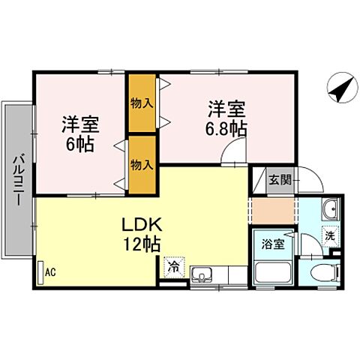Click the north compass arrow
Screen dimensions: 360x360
click(x=342, y=90)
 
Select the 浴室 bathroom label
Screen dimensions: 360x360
click(x=272, y=243)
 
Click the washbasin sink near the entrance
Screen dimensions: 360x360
click(x=331, y=211)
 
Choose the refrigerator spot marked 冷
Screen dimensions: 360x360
click(x=174, y=266)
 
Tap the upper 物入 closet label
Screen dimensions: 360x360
click(x=141, y=102)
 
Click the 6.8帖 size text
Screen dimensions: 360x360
click(x=227, y=129)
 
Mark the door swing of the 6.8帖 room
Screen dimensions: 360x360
click(x=232, y=156)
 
